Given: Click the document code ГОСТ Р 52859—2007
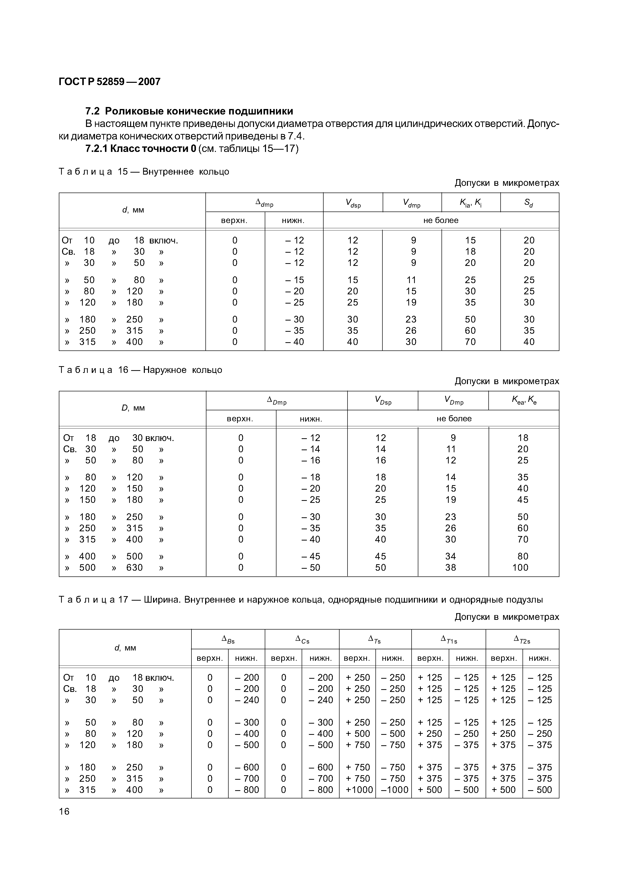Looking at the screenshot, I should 110,82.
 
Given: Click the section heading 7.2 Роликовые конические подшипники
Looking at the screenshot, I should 189,111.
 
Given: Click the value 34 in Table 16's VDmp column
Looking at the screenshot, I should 450,556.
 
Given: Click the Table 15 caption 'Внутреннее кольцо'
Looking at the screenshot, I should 186,172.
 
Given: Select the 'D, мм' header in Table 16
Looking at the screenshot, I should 133,408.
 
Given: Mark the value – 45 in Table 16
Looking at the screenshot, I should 311,556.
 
